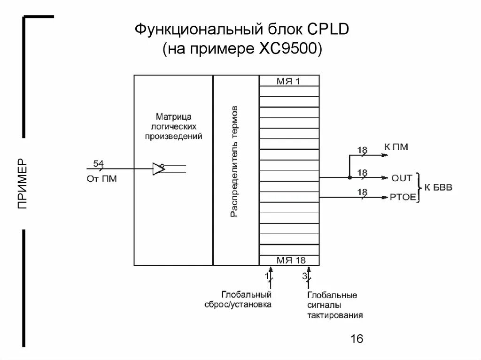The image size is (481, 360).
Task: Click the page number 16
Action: click(x=357, y=338)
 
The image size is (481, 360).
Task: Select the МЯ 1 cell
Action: click(x=288, y=81)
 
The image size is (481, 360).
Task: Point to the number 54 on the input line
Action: click(x=99, y=163)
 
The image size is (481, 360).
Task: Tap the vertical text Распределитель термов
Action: click(x=234, y=162)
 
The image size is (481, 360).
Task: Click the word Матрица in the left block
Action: click(x=174, y=116)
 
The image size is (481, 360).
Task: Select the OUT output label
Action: click(x=402, y=178)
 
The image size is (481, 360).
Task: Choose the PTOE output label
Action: click(x=403, y=197)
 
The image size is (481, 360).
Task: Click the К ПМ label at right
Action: click(x=396, y=147)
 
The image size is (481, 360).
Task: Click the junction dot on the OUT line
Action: click(x=349, y=177)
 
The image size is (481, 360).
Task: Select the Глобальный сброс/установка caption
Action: click(x=244, y=299)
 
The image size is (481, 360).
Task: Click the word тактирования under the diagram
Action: click(x=334, y=315)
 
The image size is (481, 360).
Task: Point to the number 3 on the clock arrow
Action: click(x=304, y=276)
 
